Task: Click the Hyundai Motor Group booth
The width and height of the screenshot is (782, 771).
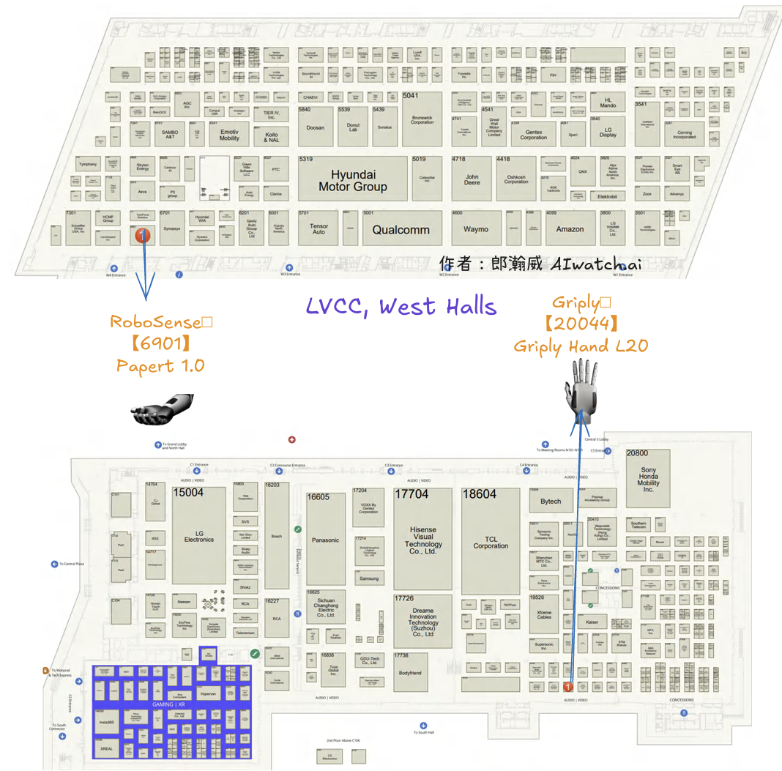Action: (x=353, y=180)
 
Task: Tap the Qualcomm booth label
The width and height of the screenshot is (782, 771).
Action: (x=401, y=229)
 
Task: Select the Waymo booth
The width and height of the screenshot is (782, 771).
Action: (x=476, y=229)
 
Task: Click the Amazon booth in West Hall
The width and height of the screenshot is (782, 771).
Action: (x=570, y=229)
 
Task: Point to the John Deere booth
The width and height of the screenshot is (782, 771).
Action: (x=472, y=179)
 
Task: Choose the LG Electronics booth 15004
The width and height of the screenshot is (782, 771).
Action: (x=199, y=536)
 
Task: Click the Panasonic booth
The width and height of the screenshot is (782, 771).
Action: (x=326, y=540)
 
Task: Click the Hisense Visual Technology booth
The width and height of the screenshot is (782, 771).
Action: (x=423, y=540)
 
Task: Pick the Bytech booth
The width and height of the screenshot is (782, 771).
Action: (x=551, y=502)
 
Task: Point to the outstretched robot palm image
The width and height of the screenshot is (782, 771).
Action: (x=163, y=410)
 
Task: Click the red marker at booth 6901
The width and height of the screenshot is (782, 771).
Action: (x=144, y=234)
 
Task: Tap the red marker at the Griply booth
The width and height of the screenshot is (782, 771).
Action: (x=567, y=687)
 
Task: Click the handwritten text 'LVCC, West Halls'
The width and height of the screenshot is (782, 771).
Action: (x=401, y=307)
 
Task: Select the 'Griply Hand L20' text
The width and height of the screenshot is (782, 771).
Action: (x=581, y=346)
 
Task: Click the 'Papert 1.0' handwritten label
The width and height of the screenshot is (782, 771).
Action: (x=160, y=365)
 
